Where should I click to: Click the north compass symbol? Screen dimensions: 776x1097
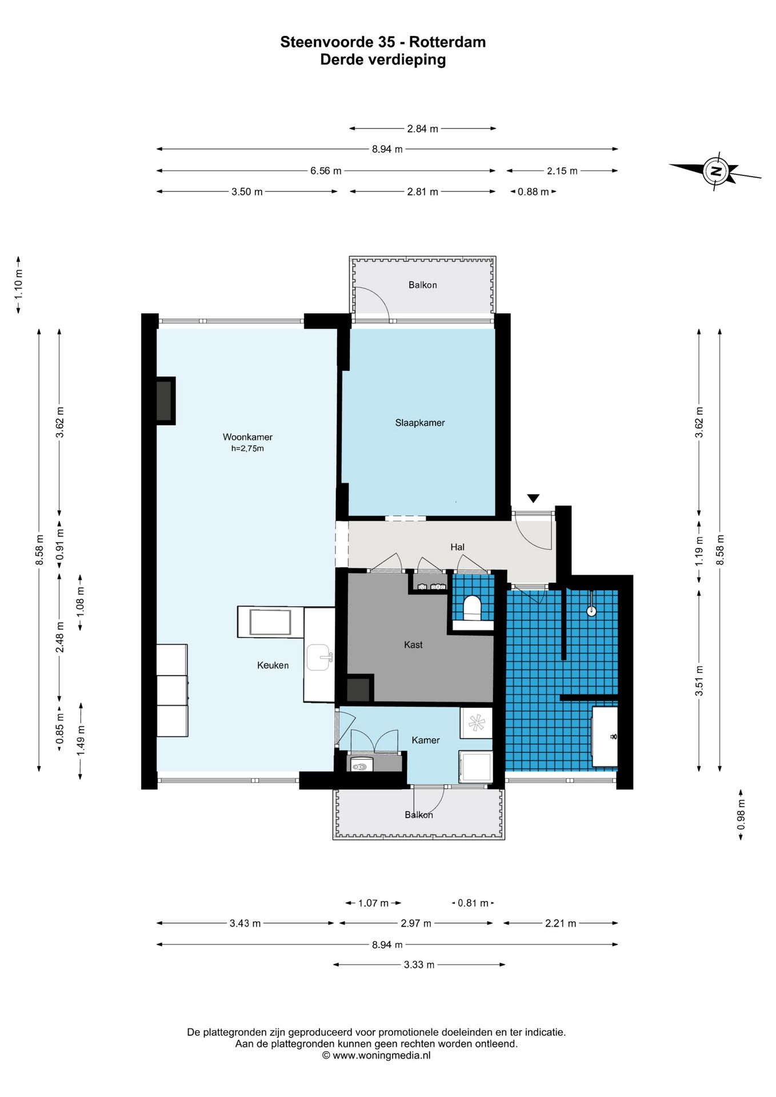(715, 171)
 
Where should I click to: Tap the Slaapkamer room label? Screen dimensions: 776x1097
(420, 423)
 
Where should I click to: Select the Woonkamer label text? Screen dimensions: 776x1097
(247, 437)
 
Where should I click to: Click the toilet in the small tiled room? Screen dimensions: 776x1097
(472, 608)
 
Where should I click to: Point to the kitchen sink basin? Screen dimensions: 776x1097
(319, 657)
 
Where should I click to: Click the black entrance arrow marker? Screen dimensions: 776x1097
(533, 498)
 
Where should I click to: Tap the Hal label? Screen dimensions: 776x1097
(457, 547)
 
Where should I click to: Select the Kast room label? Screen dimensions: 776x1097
(413, 644)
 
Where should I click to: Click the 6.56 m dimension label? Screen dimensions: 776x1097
(326, 171)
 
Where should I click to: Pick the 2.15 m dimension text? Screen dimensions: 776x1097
(562, 171)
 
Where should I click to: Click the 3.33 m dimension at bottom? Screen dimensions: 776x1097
(419, 964)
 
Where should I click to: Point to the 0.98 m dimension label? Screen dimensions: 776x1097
(741, 815)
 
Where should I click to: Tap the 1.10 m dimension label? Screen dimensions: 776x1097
(19, 284)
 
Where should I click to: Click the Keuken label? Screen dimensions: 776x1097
(273, 665)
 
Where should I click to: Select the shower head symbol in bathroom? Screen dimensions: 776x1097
(591, 611)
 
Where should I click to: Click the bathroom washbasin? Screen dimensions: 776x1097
(605, 736)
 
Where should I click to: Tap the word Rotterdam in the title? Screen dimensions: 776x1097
(447, 42)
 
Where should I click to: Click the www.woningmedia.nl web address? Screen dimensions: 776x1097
(382, 1055)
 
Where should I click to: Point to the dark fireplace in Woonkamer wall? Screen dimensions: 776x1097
(165, 401)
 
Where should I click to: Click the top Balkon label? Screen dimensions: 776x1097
(422, 285)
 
